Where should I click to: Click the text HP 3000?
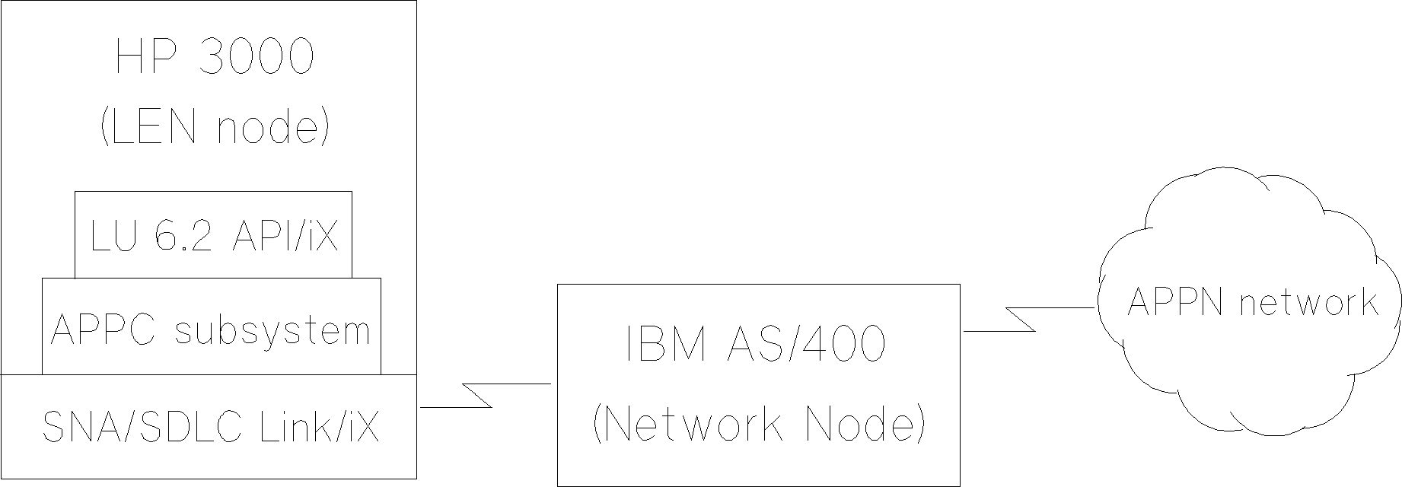click(x=214, y=57)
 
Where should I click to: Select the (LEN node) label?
click(x=214, y=127)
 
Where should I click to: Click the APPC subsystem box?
click(x=211, y=329)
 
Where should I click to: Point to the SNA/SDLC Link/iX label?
click(x=210, y=427)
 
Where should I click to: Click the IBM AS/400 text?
click(x=757, y=344)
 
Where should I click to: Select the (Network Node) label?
click(x=758, y=423)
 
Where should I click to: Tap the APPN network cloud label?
click(x=1251, y=302)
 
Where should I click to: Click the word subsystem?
click(x=272, y=331)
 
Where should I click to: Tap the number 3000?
click(x=256, y=57)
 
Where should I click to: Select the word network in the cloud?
click(x=1308, y=302)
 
